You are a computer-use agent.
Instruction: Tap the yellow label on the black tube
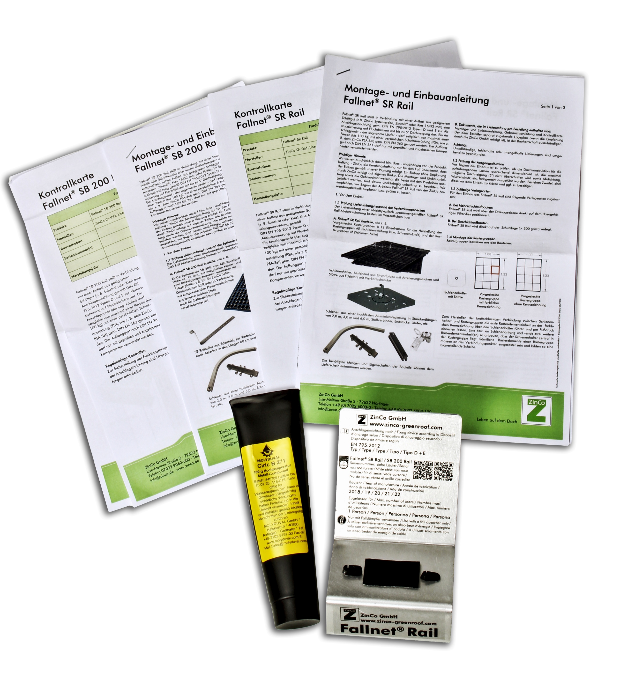pos(274,494)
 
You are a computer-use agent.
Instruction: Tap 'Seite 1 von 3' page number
pos(553,107)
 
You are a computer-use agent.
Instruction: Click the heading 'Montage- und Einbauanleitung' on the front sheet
pos(416,94)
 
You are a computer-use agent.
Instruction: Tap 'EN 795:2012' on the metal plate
pos(365,445)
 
